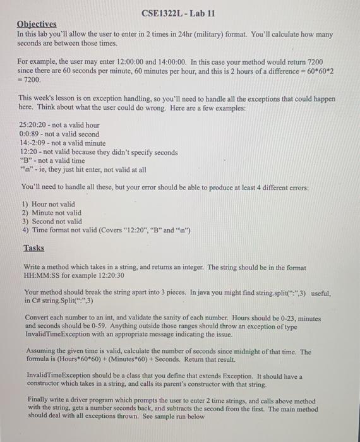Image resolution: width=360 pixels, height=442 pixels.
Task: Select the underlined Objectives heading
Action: pyautogui.click(x=36, y=24)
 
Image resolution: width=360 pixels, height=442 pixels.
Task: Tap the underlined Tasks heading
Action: pyautogui.click(x=33, y=248)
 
